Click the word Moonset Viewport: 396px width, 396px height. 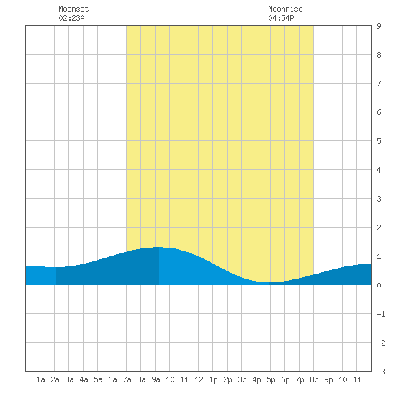click(x=73, y=9)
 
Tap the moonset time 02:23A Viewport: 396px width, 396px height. click(x=71, y=18)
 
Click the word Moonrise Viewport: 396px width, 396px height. click(x=285, y=9)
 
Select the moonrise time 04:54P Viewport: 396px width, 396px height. click(x=281, y=18)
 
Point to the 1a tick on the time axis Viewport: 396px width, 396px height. click(x=40, y=379)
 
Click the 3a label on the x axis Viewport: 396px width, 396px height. click(x=69, y=379)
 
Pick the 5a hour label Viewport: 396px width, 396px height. click(x=98, y=379)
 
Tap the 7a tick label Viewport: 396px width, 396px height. click(x=127, y=379)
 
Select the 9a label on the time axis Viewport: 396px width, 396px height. click(x=156, y=379)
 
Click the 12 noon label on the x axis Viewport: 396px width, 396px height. click(x=199, y=379)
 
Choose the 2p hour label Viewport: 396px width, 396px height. click(x=228, y=379)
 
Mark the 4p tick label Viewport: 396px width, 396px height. click(x=256, y=379)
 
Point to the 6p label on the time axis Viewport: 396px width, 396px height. click(x=285, y=379)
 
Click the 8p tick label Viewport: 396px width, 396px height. click(x=314, y=379)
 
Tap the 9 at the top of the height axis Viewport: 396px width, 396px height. click(x=379, y=26)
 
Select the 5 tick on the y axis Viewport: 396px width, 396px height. click(x=379, y=141)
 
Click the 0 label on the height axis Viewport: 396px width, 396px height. click(x=379, y=285)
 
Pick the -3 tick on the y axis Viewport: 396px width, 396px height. click(x=381, y=372)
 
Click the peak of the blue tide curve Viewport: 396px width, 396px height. click(x=159, y=247)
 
